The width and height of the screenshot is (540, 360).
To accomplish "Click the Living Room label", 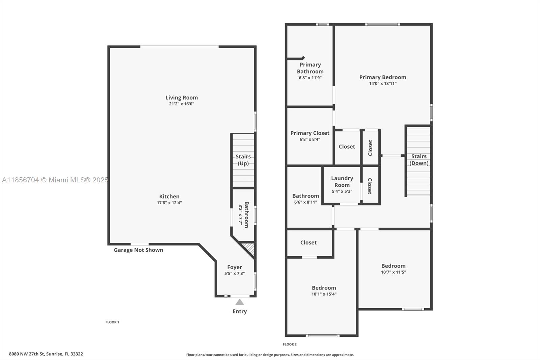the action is click(182, 98).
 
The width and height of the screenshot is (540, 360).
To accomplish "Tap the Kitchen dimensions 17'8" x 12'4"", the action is click(169, 203).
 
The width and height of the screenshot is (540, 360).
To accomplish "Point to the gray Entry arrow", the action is click(240, 302).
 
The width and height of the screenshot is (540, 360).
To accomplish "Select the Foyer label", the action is click(235, 267).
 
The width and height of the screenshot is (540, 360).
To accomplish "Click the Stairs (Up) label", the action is click(243, 160).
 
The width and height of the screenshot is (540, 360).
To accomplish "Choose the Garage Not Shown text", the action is click(138, 250).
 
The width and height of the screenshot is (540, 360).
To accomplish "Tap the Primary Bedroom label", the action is click(383, 77).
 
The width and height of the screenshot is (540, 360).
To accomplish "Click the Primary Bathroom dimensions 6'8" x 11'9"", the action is click(310, 78).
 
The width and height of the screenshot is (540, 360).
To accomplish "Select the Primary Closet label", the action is click(310, 133).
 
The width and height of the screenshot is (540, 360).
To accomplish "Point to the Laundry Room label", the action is click(342, 181).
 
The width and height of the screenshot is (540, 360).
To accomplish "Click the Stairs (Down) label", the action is click(419, 160).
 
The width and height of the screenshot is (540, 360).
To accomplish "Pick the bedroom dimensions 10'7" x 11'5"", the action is click(394, 272).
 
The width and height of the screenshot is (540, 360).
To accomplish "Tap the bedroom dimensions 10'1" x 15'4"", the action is click(324, 294).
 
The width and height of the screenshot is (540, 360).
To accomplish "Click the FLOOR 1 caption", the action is click(112, 322).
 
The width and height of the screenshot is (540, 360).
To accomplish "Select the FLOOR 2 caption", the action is click(290, 344).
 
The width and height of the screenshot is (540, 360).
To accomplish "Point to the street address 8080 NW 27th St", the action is click(27, 354).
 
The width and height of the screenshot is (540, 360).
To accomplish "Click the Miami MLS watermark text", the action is click(55, 180).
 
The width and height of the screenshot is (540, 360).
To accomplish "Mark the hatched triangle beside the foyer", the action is click(250, 249).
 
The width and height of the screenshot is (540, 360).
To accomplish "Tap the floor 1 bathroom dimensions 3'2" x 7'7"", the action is click(241, 215).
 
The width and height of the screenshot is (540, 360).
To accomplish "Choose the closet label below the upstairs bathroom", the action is click(308, 242).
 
